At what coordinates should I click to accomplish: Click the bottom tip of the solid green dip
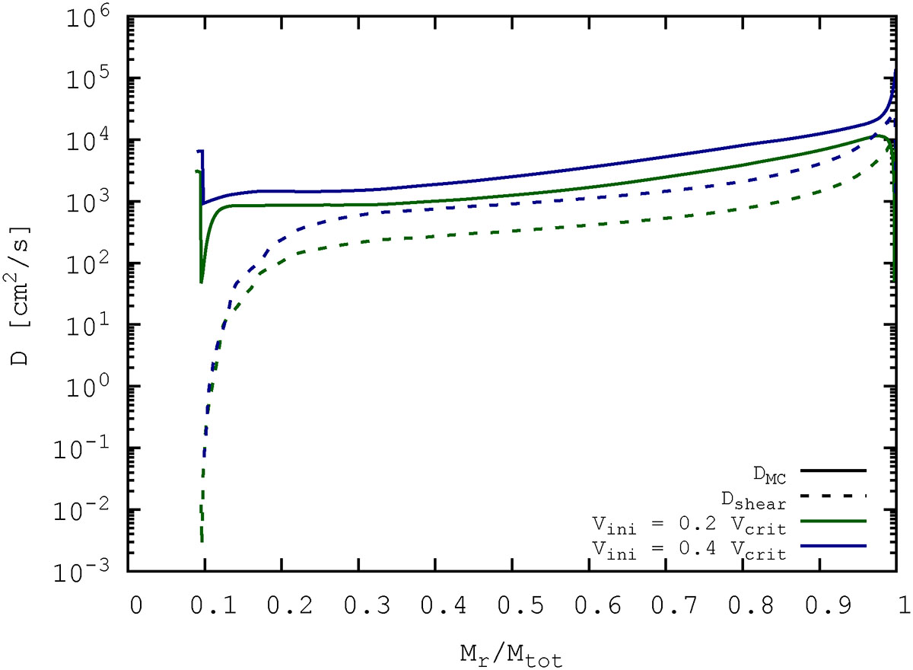[202, 282]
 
